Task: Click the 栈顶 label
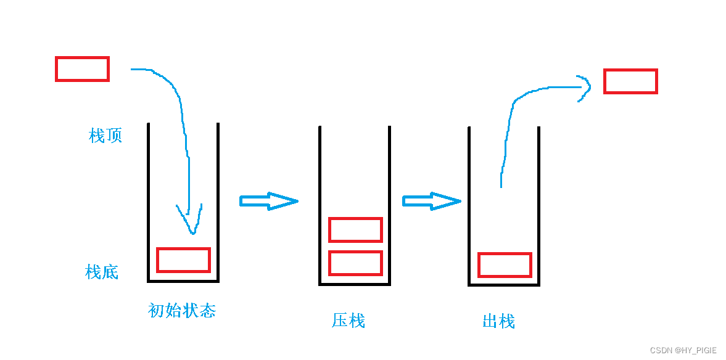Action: pyautogui.click(x=105, y=136)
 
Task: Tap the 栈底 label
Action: pyautogui.click(x=102, y=272)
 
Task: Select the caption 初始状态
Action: pyautogui.click(x=182, y=310)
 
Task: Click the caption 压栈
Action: pyautogui.click(x=349, y=321)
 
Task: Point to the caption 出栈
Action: pyautogui.click(x=498, y=321)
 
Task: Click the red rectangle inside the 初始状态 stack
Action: pyautogui.click(x=183, y=260)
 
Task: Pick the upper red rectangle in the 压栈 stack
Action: pyautogui.click(x=355, y=230)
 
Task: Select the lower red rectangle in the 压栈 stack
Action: pyautogui.click(x=355, y=263)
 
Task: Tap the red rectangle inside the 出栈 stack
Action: pyautogui.click(x=505, y=265)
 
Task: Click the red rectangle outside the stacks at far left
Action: pyautogui.click(x=82, y=69)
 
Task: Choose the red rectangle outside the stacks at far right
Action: pyautogui.click(x=630, y=81)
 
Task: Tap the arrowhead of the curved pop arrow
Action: pyautogui.click(x=585, y=86)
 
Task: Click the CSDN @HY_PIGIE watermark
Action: pyautogui.click(x=683, y=350)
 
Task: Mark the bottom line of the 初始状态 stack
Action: pyautogui.click(x=183, y=281)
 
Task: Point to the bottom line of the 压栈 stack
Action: pyautogui.click(x=355, y=284)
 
